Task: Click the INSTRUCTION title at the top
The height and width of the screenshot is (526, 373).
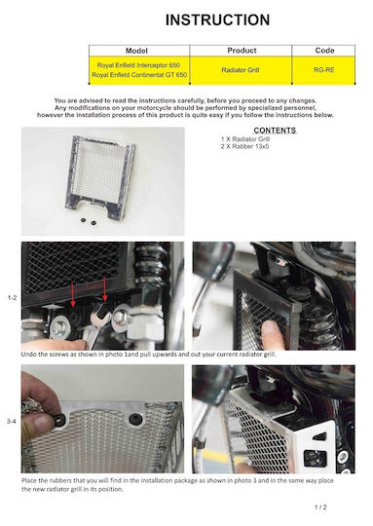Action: coord(218,19)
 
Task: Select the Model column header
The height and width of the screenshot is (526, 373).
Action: coord(136,51)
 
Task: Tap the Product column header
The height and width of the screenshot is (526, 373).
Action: coord(242,51)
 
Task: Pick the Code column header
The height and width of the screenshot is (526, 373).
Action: coord(324,51)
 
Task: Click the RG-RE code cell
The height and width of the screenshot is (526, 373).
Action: coord(324,70)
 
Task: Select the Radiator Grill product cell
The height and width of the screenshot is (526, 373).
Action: coord(241,70)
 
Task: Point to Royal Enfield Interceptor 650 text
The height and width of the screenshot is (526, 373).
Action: coord(138,65)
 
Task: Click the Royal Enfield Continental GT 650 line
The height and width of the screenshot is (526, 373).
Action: coord(139,75)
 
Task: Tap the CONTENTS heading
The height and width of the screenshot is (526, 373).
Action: coord(275,131)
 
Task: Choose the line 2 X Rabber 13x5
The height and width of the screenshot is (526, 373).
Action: coord(244,146)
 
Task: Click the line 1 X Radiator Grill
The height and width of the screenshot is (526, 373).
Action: coord(245,139)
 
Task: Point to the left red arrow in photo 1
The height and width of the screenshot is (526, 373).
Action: coord(73,295)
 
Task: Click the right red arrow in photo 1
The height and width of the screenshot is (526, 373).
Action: coord(105,289)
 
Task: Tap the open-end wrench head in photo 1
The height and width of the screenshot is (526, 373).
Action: coord(101,315)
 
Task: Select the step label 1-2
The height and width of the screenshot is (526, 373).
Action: coord(12,297)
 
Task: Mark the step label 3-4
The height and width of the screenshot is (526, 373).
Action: coord(11,422)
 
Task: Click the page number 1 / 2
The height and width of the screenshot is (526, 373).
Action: coord(320,507)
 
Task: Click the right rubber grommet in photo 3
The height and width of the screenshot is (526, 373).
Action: coord(135,419)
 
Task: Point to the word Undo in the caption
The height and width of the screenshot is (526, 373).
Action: coord(27,355)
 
